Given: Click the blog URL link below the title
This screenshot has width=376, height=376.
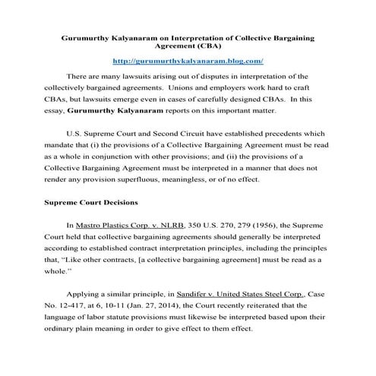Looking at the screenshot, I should pyautogui.click(x=188, y=60).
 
